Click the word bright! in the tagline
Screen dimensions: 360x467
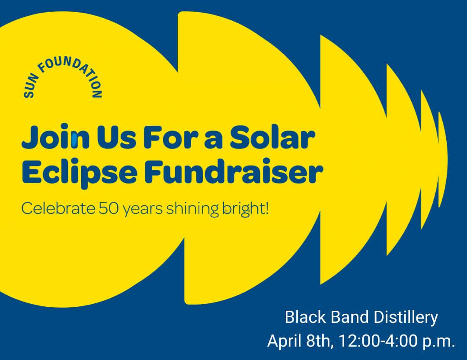[x=245, y=209]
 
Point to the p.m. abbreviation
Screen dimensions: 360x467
[x=440, y=341]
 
